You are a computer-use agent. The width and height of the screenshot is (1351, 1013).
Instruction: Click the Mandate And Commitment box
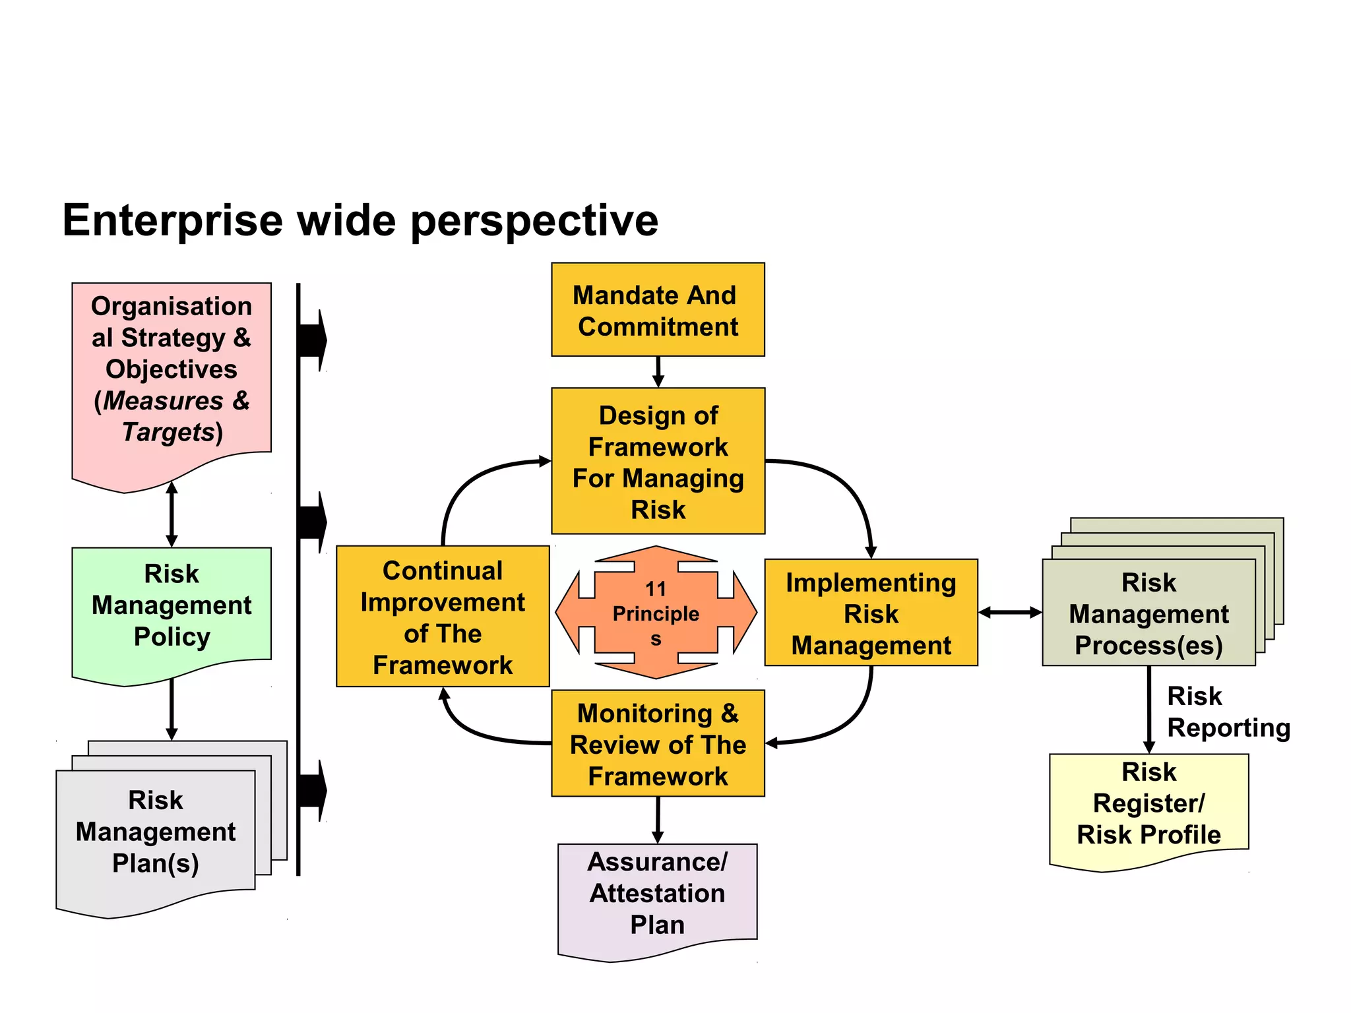click(658, 310)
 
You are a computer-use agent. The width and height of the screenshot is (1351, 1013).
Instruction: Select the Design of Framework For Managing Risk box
click(658, 461)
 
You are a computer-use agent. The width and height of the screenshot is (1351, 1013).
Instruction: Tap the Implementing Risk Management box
click(871, 613)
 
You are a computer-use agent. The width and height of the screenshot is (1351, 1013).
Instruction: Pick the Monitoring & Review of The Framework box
click(658, 743)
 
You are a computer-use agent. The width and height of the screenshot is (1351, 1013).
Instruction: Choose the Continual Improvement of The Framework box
click(443, 616)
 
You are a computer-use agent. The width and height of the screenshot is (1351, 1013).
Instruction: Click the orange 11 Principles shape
click(656, 613)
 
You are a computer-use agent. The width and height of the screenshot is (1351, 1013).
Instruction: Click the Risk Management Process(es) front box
click(1148, 613)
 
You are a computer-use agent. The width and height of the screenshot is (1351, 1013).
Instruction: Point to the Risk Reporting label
click(1227, 712)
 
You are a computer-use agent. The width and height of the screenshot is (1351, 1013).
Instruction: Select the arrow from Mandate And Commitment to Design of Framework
click(658, 372)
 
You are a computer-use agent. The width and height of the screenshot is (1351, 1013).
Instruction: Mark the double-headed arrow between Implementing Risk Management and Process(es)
click(1010, 613)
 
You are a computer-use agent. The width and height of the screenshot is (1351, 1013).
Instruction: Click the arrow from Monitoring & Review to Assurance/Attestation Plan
click(658, 820)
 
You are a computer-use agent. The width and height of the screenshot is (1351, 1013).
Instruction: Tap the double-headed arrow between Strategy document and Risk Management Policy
click(172, 515)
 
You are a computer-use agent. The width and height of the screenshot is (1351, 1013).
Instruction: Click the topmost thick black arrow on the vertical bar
click(313, 340)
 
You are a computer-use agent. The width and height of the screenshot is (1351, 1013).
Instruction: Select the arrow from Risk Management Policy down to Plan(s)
click(172, 710)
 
